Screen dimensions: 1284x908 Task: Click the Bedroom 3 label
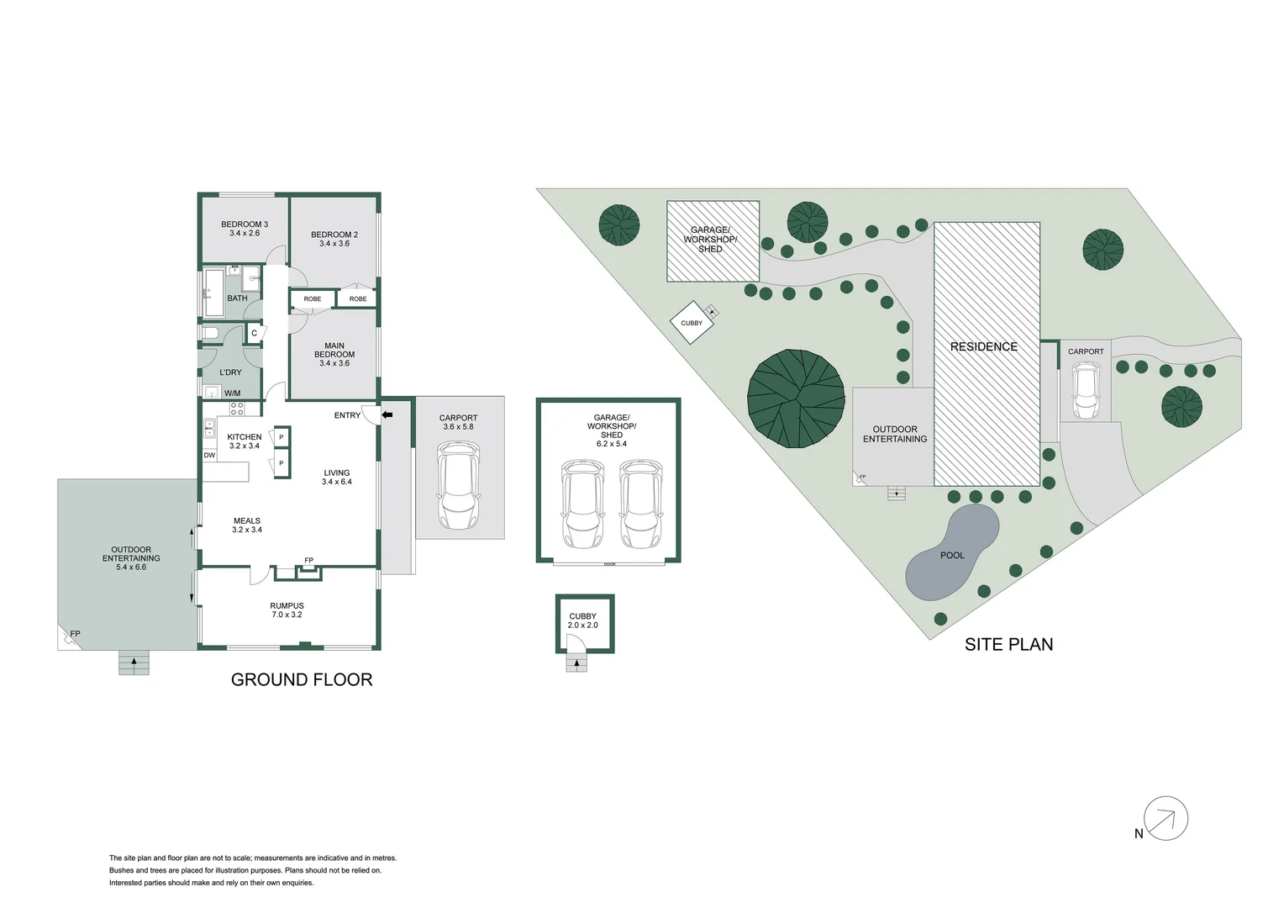coord(245,229)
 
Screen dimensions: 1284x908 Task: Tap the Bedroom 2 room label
coord(334,239)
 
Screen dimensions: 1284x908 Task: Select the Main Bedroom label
coord(334,354)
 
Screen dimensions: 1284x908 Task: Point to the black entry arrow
coord(387,414)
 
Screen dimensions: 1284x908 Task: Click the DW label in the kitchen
coord(209,456)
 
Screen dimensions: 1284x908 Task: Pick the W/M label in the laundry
coord(232,393)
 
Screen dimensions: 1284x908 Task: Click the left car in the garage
coord(582,503)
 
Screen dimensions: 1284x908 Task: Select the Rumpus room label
coord(287,610)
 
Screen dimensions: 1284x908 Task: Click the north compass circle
coord(1166,818)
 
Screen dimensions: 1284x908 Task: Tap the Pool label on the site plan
coord(952,556)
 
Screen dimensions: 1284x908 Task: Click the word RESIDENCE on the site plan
coord(984,346)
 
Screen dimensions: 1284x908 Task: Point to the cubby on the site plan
coord(692,323)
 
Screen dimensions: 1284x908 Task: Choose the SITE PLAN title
coord(1008,645)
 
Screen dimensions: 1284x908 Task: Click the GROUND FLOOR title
coord(302,680)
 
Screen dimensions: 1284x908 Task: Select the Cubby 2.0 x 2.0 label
coord(582,620)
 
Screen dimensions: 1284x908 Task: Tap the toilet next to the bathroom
coord(210,334)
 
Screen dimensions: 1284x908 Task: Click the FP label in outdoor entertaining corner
coord(75,634)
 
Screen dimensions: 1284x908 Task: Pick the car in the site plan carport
coord(1085,390)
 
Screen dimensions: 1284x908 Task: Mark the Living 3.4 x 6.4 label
coord(336,478)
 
